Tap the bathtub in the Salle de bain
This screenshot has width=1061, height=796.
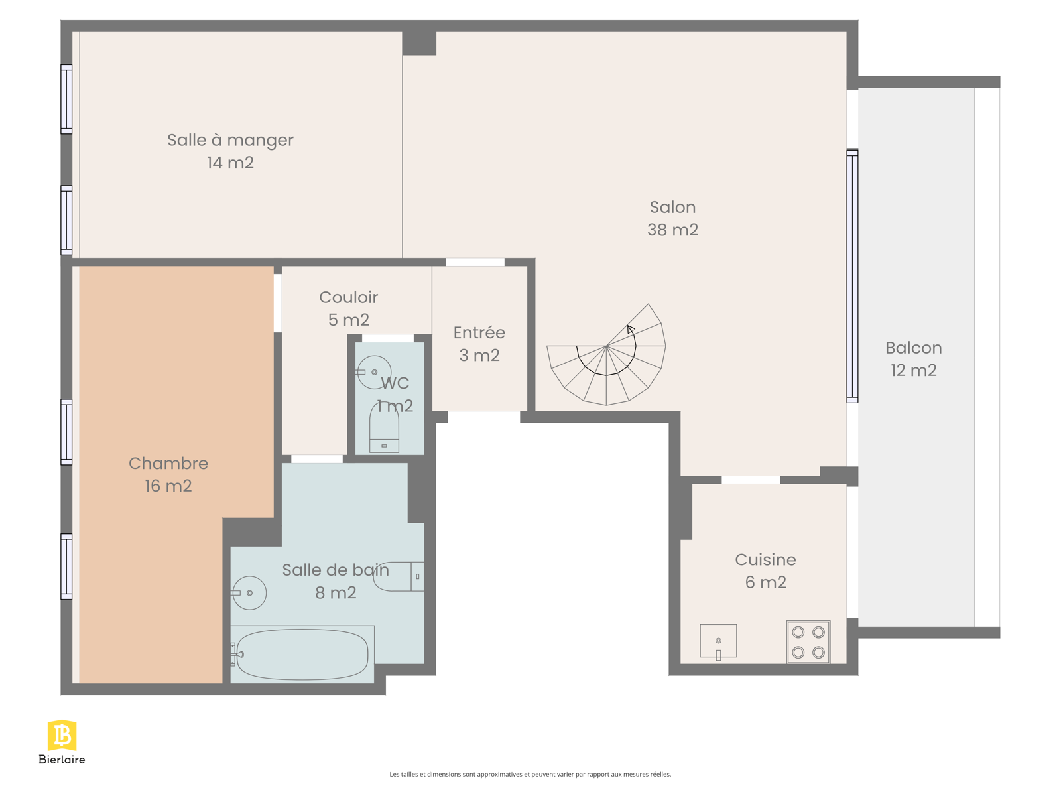tap(302, 655)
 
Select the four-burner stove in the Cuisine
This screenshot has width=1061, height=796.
tap(808, 642)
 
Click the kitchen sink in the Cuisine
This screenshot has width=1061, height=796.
tap(718, 641)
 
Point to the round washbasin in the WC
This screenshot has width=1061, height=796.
tap(373, 372)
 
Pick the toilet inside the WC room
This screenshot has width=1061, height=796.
tap(384, 428)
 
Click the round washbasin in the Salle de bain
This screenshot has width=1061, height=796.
tap(249, 593)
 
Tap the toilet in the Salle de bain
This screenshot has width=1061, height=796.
tap(399, 576)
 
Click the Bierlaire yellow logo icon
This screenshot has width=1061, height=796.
tap(62, 735)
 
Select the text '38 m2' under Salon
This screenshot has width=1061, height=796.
tap(673, 230)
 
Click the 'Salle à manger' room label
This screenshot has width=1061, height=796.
tap(230, 140)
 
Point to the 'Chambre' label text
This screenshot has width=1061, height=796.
tap(168, 464)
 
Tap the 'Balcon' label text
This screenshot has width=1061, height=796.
tap(914, 348)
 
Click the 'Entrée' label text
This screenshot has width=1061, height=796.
tap(479, 332)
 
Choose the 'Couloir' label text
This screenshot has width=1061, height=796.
tap(349, 297)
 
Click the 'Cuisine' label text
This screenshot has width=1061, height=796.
tap(766, 560)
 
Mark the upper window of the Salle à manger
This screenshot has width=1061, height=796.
tap(66, 99)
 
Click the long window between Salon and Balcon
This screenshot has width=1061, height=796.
tap(852, 275)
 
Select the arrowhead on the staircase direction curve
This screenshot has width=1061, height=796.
tap(631, 329)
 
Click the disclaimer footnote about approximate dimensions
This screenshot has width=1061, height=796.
tap(530, 774)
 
